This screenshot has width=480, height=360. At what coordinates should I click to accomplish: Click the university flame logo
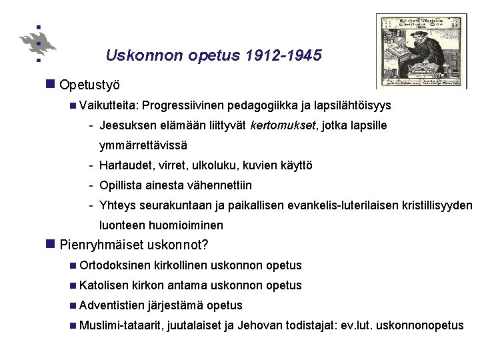[39, 43]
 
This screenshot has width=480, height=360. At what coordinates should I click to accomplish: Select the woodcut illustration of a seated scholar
[421, 51]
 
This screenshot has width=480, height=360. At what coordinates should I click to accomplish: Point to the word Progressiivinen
[183, 105]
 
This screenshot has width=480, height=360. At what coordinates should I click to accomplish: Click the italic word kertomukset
[279, 125]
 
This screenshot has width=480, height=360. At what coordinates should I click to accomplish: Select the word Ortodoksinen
[114, 265]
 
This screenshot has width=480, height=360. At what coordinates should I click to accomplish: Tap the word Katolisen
[104, 285]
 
